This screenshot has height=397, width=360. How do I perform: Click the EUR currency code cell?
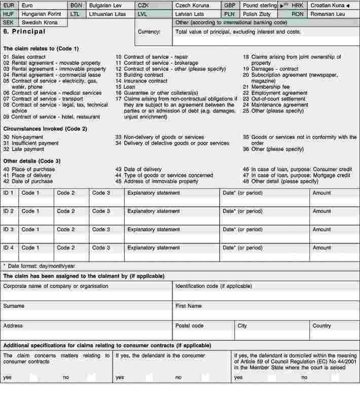[x=9, y=5]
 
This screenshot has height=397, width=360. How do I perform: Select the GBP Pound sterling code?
[x=229, y=5]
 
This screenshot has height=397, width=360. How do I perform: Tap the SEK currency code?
[x=9, y=23]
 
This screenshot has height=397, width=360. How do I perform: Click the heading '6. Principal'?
[x=24, y=31]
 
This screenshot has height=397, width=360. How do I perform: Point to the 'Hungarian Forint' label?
[x=41, y=14]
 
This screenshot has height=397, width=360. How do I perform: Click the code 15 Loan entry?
[x=125, y=87]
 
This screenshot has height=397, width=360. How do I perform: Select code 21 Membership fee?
[x=264, y=87]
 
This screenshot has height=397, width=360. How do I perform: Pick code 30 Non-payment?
[x=23, y=137]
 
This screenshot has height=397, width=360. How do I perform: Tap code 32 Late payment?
[x=23, y=149]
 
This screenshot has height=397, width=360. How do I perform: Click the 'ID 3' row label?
[x=9, y=230]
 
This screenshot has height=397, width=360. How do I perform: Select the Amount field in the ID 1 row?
[x=321, y=193]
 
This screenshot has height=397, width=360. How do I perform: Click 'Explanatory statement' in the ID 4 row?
[x=153, y=248]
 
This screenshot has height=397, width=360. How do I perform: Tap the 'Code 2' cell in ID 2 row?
[x=65, y=211]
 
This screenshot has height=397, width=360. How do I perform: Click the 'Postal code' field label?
[x=189, y=326]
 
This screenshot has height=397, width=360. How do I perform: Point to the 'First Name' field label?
[x=188, y=306]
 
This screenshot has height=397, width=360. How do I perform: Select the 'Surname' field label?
[x=14, y=306]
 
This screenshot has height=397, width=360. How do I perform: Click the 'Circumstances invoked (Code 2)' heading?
[x=45, y=129]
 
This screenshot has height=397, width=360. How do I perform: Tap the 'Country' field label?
[x=321, y=326]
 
